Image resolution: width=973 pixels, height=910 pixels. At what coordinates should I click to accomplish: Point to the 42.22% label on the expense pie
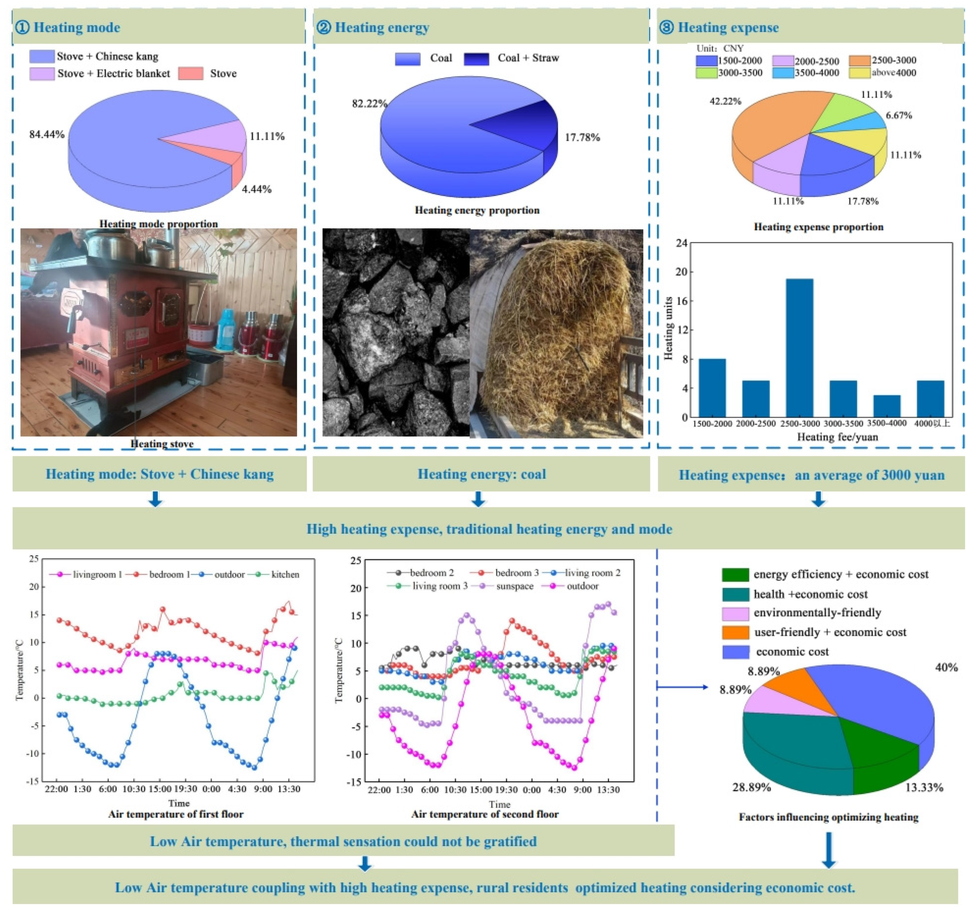(725, 101)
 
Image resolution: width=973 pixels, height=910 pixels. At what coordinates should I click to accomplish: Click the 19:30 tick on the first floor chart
(185, 789)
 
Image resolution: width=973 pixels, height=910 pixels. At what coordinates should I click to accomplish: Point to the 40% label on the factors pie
(946, 668)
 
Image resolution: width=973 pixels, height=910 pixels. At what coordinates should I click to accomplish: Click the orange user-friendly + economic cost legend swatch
(735, 632)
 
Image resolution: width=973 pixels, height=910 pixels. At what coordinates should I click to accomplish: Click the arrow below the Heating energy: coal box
(478, 499)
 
